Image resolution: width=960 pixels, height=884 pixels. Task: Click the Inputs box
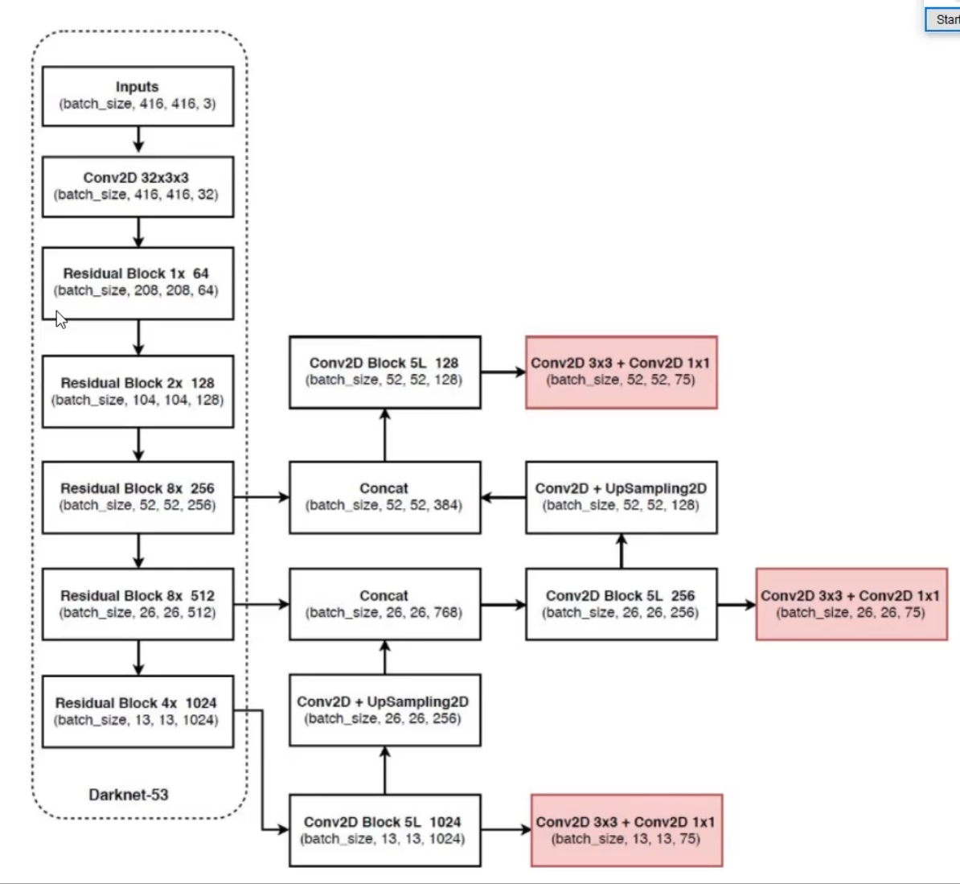tap(137, 96)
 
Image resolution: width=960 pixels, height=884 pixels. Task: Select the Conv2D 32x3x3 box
tap(137, 187)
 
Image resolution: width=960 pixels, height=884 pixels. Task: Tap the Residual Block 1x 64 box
tap(137, 282)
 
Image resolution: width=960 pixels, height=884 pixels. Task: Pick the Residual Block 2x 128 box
tap(137, 391)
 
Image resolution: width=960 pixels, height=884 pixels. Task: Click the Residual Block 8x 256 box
tap(137, 497)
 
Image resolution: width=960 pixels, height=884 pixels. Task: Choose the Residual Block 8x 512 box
tap(137, 604)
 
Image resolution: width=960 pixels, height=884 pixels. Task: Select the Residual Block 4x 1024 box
tap(137, 711)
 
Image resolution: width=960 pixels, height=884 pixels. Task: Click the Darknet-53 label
tap(129, 795)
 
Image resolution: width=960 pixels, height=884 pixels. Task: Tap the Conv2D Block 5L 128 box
tap(384, 372)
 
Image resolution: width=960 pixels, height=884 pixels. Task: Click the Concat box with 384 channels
tap(384, 497)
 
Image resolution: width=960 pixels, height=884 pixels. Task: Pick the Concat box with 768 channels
tap(384, 604)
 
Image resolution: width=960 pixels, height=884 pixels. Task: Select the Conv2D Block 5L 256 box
tap(621, 604)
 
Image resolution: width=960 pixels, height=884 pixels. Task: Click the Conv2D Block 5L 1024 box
tap(384, 830)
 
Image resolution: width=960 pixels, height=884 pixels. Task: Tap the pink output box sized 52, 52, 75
tap(621, 372)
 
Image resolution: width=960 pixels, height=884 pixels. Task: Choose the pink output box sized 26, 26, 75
tap(851, 604)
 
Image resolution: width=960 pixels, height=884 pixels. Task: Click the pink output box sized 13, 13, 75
tap(626, 830)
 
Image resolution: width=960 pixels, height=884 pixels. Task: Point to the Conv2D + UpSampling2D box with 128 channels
tap(621, 497)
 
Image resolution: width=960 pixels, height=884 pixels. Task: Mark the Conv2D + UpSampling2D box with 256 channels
tap(384, 710)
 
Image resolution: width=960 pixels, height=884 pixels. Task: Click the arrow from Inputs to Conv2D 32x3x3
tap(138, 140)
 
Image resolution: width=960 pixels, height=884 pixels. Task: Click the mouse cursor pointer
tap(61, 319)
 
